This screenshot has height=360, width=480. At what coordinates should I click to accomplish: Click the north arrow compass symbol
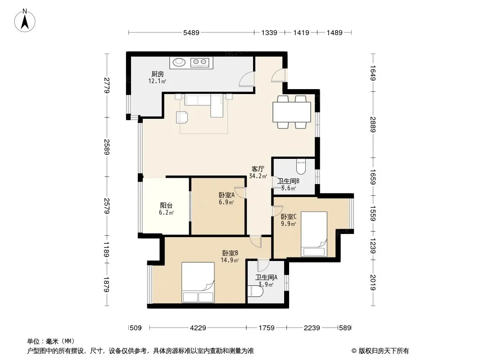coord(25,20)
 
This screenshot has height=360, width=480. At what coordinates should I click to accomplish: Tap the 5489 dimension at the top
coord(191,32)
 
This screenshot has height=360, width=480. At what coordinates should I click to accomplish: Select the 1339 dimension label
coord(269,32)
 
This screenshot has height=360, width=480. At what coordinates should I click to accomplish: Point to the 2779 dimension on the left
coord(107,85)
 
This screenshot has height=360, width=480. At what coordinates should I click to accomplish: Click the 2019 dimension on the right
coord(373,282)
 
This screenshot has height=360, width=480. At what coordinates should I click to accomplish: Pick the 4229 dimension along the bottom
coord(198,328)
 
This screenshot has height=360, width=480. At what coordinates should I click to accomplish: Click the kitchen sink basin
coord(179,63)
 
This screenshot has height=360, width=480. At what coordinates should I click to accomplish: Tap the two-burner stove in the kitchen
coord(200,63)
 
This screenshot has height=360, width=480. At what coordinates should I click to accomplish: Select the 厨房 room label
coord(157,74)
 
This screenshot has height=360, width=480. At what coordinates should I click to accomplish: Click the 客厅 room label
coord(258,169)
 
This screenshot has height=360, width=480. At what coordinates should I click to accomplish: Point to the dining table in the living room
coord(292,112)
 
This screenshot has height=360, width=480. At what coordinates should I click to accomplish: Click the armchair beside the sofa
coord(182,117)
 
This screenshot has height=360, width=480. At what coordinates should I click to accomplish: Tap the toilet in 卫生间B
coord(301,166)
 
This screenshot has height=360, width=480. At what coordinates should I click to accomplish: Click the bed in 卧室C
coord(314,234)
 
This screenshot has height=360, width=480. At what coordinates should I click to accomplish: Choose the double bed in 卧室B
coord(198,282)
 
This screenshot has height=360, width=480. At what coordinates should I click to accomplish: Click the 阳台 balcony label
coord(166,206)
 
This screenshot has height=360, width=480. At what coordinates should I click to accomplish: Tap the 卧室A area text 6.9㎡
coord(226,202)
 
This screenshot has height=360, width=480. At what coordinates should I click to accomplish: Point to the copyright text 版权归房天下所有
coord(384,351)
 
